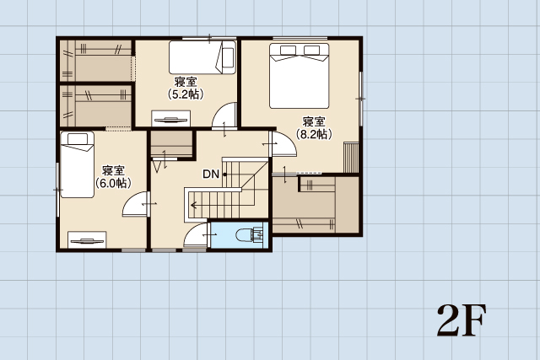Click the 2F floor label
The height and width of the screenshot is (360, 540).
click(462, 320)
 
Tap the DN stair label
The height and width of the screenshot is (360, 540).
click(211, 175)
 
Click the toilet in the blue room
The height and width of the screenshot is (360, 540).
click(250, 235)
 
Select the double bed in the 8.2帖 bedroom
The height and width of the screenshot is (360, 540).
click(299, 76)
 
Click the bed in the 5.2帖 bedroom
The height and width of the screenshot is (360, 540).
click(202, 57)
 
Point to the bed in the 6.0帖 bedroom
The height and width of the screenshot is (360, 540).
click(77, 164)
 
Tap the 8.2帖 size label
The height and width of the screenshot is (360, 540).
click(314, 134)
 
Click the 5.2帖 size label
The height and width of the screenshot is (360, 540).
click(186, 94)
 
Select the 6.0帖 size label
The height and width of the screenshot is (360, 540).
click(113, 183)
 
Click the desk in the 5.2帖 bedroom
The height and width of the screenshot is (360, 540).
click(170, 118)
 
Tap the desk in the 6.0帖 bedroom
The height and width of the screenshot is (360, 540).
click(87, 239)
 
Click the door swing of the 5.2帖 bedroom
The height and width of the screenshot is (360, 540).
click(224, 115)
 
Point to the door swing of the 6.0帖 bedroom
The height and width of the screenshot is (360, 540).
click(135, 204)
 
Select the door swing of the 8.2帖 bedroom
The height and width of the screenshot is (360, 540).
click(284, 144)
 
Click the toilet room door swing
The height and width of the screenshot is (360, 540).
click(196, 234)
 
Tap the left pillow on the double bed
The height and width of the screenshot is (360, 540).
click(289, 51)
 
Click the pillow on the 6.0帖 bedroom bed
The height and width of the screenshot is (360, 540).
click(78, 139)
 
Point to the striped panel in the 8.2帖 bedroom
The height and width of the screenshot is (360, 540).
click(351, 158)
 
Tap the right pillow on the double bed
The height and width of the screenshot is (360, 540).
click(311, 51)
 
